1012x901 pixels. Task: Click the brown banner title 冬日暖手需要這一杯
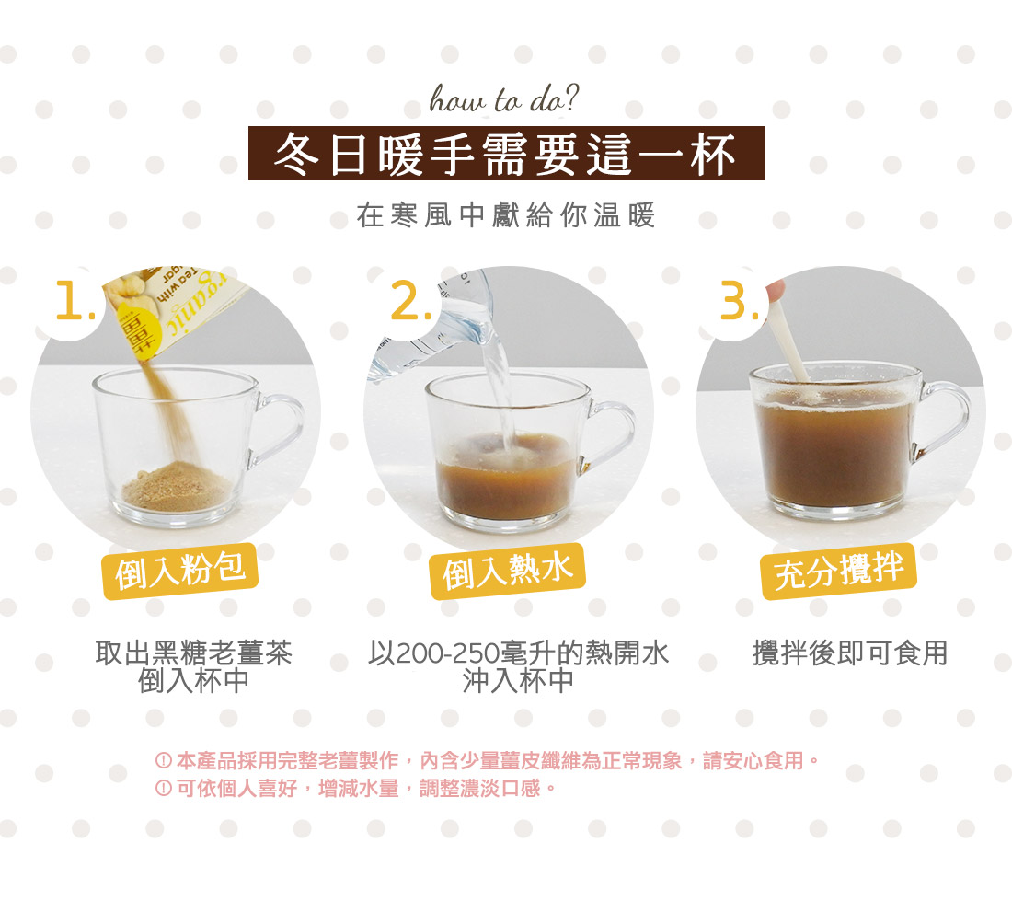pyautogui.click(x=507, y=154)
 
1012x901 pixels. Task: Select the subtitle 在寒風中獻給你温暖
pyautogui.click(x=506, y=215)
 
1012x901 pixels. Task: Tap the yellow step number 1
pyautogui.click(x=75, y=301)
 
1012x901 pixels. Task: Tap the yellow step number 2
pyautogui.click(x=411, y=301)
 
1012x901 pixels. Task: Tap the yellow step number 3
pyautogui.click(x=740, y=301)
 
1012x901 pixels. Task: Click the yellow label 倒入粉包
pyautogui.click(x=180, y=572)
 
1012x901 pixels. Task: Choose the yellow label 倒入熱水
pyautogui.click(x=508, y=572)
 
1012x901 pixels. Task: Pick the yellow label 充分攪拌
pyautogui.click(x=839, y=572)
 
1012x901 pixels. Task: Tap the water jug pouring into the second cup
pyautogui.click(x=432, y=323)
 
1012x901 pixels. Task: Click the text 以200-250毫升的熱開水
pyautogui.click(x=518, y=653)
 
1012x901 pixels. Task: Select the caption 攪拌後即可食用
pyautogui.click(x=850, y=653)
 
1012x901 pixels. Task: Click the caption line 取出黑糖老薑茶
pyautogui.click(x=193, y=653)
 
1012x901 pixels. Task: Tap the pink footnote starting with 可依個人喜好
pyautogui.click(x=356, y=788)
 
